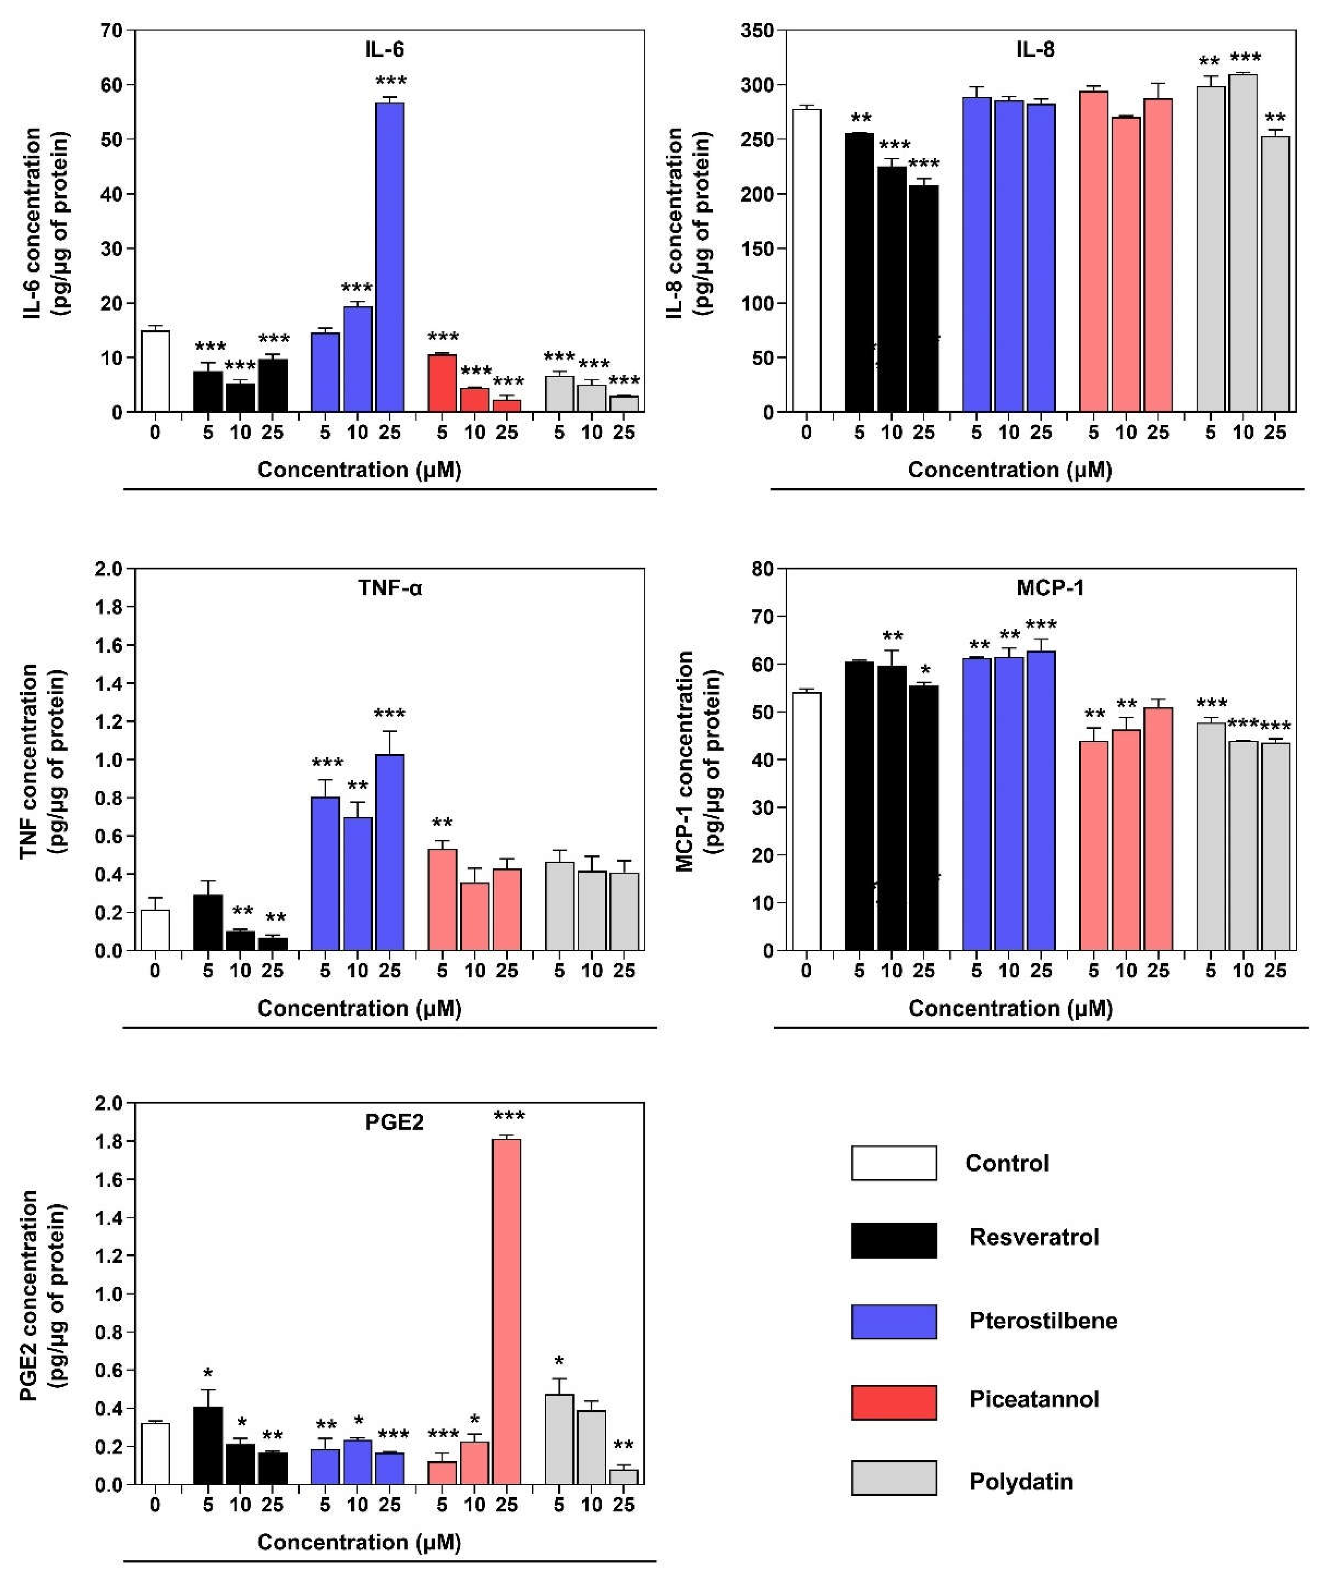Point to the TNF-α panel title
coord(390,588)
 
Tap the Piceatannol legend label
coord(1033,1399)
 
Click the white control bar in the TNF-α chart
coord(155,930)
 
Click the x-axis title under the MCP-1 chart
coord(1010,1009)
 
